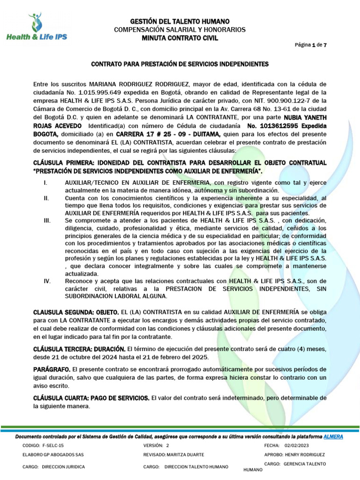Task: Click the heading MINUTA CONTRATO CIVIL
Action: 180,38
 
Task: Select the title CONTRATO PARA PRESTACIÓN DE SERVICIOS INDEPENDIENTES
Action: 180,63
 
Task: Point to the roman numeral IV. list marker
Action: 47,281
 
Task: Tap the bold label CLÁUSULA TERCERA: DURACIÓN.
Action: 79,349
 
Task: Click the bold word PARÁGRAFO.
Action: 52,369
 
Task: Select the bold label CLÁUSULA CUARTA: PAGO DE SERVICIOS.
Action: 91,398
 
